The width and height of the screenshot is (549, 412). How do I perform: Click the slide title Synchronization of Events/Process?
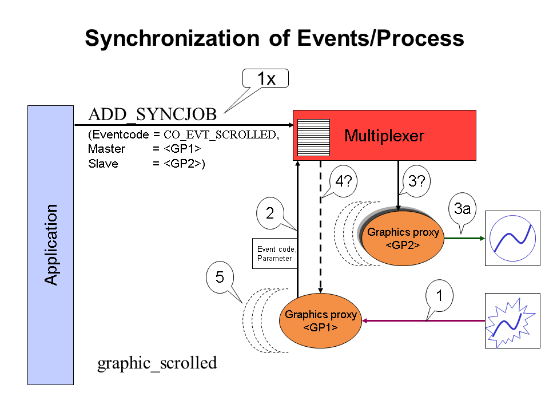point(274,38)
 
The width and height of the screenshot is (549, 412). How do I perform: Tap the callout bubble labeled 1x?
point(266,78)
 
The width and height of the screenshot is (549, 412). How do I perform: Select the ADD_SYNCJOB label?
point(153,114)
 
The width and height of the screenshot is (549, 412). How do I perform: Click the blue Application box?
point(50,245)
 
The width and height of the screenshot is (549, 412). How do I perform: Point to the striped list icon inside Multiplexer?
point(314,138)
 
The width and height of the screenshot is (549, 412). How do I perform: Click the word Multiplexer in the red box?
point(384,136)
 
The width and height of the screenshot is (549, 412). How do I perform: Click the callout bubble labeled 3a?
point(462,209)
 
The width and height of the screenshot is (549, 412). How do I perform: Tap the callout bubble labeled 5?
point(220,277)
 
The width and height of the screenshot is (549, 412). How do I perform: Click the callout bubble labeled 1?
point(439,296)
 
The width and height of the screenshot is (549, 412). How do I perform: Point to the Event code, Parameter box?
point(274,253)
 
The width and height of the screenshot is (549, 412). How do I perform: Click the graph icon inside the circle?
point(512,237)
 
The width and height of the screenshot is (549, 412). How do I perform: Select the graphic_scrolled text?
point(157,363)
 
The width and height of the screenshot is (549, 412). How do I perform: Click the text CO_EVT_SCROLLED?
point(220,135)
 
